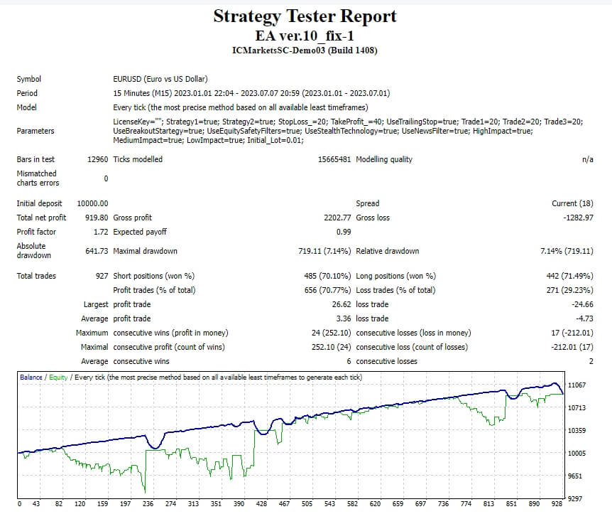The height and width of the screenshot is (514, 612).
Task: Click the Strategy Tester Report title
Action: point(305,16)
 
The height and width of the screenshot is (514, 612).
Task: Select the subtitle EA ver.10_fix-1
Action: point(305,36)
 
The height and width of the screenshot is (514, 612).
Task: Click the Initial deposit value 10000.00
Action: point(92,203)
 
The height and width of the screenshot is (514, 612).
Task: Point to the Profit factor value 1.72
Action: point(99,232)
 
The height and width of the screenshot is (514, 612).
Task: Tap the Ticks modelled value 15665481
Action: point(334,159)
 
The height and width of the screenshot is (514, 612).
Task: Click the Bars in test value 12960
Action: point(97,159)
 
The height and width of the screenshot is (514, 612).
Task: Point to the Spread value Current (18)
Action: point(572,203)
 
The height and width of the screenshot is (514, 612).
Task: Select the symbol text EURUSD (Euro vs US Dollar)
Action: point(160,79)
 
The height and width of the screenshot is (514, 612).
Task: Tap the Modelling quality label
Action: point(384,159)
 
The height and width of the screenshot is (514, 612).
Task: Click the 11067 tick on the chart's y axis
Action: point(577,385)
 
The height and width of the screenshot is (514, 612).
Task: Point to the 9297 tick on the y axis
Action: point(577,499)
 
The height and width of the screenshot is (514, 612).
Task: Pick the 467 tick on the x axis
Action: point(283,504)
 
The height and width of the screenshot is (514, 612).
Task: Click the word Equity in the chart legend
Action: point(59,377)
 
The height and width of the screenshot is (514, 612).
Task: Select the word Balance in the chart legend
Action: point(31,377)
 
